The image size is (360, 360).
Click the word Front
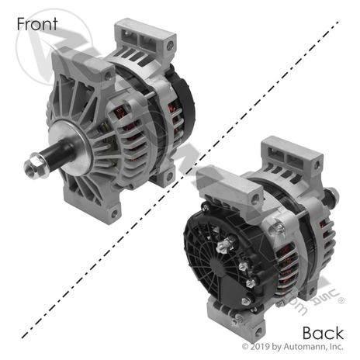tap(37, 23)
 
